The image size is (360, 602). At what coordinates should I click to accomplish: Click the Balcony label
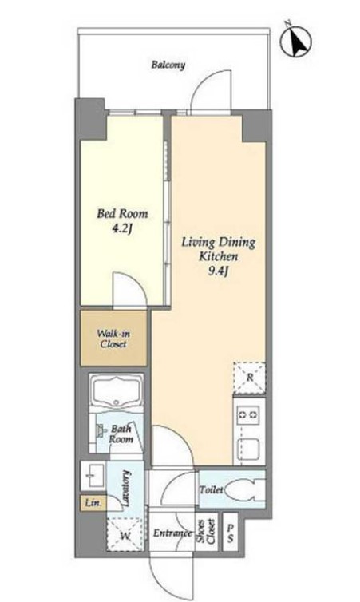point(168,65)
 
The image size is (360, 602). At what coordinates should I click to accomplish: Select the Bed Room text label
point(122,213)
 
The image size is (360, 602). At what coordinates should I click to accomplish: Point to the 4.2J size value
point(122,229)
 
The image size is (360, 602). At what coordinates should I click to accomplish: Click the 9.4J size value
point(219,271)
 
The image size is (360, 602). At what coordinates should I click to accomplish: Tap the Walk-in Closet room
point(113,338)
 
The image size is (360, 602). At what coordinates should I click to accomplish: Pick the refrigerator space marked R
point(250,378)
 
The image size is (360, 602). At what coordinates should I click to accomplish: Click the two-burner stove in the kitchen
point(248,414)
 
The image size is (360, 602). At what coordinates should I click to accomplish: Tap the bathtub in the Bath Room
point(116,394)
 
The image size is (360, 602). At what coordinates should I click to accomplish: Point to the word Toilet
point(211,490)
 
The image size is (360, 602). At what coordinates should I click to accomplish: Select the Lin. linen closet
point(93,503)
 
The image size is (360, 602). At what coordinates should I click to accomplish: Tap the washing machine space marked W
point(125,535)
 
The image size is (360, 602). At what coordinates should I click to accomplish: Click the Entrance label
point(172,533)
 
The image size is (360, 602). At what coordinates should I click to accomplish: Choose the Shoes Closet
point(207,532)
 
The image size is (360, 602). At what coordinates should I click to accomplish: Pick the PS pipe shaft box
point(230,532)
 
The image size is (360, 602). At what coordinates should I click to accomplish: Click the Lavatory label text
point(126,488)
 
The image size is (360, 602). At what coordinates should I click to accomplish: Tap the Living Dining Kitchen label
point(218,249)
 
